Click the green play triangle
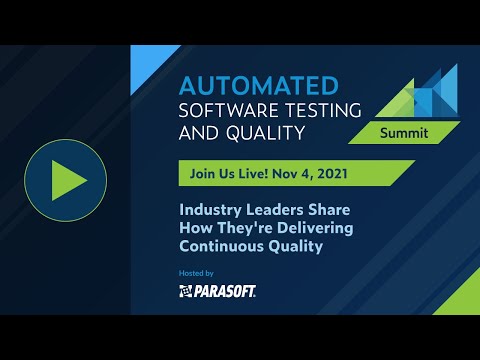[x=71, y=180]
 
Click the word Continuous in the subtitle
[x=219, y=247]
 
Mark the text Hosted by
[x=195, y=272]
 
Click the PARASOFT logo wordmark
[x=224, y=291]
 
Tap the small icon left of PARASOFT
[x=185, y=291]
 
